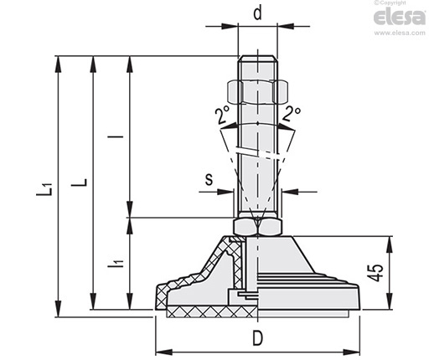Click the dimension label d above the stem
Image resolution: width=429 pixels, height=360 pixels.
tap(258, 13)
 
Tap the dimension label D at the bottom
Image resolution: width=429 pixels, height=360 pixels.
tap(258, 337)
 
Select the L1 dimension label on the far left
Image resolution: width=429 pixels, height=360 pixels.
tap(44, 189)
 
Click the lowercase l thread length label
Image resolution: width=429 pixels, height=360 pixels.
tap(116, 136)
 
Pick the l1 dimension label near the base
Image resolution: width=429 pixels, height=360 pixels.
tap(116, 264)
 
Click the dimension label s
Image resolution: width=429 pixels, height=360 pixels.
tap(209, 179)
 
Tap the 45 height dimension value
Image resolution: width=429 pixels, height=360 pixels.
tap(375, 272)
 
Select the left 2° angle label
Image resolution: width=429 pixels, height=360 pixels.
tap(222, 114)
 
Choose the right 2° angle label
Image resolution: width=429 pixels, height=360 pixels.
tap(292, 114)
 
